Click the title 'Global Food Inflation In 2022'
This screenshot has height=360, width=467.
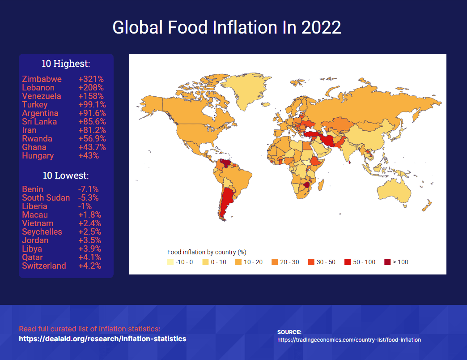(227, 28)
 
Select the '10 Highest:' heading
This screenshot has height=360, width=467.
(66, 64)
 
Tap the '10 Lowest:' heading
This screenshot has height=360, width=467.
(66, 175)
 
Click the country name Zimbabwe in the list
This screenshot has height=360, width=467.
(42, 79)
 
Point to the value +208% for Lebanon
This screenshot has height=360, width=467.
(91, 88)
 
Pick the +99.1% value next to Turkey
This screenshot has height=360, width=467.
(92, 105)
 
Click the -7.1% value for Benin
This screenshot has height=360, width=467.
(88, 189)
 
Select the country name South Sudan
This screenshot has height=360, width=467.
(46, 198)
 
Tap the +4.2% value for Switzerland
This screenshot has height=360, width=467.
(89, 266)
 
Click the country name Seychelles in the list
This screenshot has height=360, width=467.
(42, 232)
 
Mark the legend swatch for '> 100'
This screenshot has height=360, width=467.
(387, 262)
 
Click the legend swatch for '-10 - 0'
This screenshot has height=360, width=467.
(170, 262)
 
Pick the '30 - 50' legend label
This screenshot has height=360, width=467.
(326, 262)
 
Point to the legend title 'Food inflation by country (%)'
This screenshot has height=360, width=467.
(207, 252)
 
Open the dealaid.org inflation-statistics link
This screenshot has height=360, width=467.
(102, 339)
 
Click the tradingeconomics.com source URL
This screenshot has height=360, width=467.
(349, 340)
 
